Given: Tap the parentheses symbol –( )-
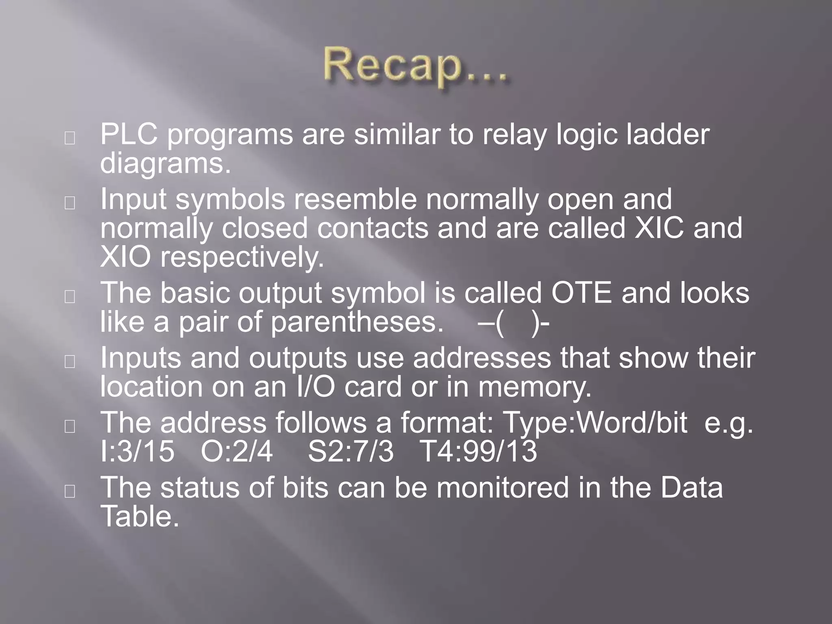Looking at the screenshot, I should pos(513,323).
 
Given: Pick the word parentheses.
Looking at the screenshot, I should pos(357,323).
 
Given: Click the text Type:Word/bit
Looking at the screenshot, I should pos(595,422).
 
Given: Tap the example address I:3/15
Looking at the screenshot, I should pos(137,452).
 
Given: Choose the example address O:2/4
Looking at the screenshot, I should pos(237,452).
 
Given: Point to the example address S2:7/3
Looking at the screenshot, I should pos(351,452).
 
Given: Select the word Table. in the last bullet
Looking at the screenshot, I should pos(139,517).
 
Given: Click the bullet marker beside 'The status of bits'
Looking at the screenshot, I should pos(69,491).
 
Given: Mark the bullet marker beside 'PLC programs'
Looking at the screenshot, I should pos(69,139).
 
